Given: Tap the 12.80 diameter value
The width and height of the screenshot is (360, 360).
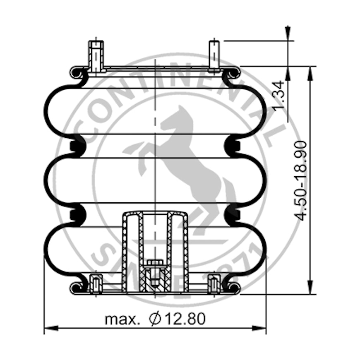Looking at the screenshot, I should pyautogui.click(x=185, y=319).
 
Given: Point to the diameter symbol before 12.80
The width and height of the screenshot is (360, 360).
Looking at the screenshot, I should pyautogui.click(x=155, y=319).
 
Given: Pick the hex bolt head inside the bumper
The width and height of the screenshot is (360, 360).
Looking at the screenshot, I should pyautogui.click(x=154, y=263).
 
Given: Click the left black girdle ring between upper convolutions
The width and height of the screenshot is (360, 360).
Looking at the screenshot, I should pyautogui.click(x=76, y=146).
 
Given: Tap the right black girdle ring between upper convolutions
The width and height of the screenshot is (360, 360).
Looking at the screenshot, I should pyautogui.click(x=233, y=146).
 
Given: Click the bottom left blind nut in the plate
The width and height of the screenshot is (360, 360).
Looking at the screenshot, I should pyautogui.click(x=95, y=283).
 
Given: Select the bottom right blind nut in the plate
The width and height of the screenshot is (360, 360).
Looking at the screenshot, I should pyautogui.click(x=214, y=283).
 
